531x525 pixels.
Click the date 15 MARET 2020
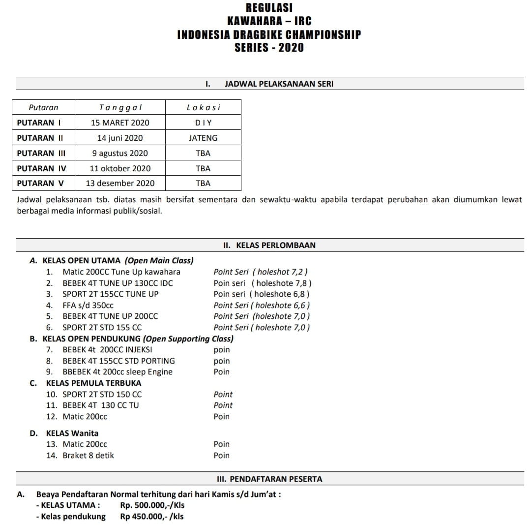120,123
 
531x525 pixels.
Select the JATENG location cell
203,138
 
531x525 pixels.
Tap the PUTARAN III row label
41,153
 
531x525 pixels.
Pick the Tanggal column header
120,107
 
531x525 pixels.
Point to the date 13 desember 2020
120,183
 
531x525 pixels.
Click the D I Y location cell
203,123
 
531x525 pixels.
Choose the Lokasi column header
203,107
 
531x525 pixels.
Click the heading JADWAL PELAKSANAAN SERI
279,84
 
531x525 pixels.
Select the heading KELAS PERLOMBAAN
276,245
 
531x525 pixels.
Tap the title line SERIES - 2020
269,48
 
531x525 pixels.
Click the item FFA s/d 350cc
88,305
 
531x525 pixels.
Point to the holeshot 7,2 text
283,272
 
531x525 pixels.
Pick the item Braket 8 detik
88,455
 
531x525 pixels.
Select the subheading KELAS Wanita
72,433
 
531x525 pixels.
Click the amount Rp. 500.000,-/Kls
152,505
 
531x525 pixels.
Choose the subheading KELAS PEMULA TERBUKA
93,383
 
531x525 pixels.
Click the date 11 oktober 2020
120,168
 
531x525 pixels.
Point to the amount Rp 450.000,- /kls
151,516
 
